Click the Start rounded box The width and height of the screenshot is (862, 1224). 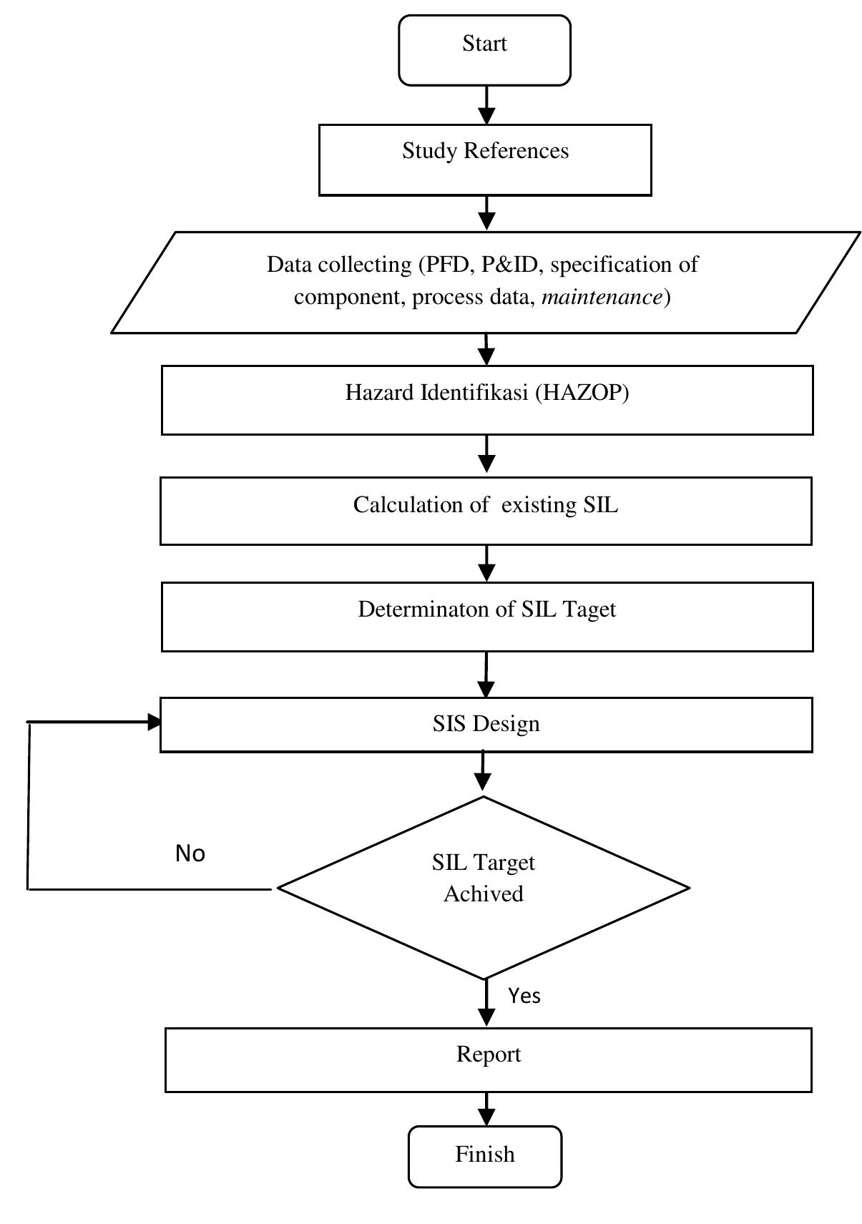pyautogui.click(x=484, y=50)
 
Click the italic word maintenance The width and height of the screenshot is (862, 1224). pyautogui.click(x=602, y=297)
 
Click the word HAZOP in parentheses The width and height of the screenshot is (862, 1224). pyautogui.click(x=582, y=393)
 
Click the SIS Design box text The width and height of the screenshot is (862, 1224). pyautogui.click(x=486, y=724)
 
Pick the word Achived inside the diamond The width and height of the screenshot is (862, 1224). pyautogui.click(x=483, y=894)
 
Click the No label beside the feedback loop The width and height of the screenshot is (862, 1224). pyautogui.click(x=190, y=853)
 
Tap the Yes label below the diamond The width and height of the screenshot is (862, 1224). pyautogui.click(x=524, y=996)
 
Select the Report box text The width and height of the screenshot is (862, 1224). pyautogui.click(x=489, y=1054)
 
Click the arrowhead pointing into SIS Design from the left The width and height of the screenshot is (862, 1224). pyautogui.click(x=153, y=723)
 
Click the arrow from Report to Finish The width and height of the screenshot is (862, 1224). pyautogui.click(x=486, y=1110)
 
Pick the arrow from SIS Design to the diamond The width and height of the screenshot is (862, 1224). pyautogui.click(x=484, y=774)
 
